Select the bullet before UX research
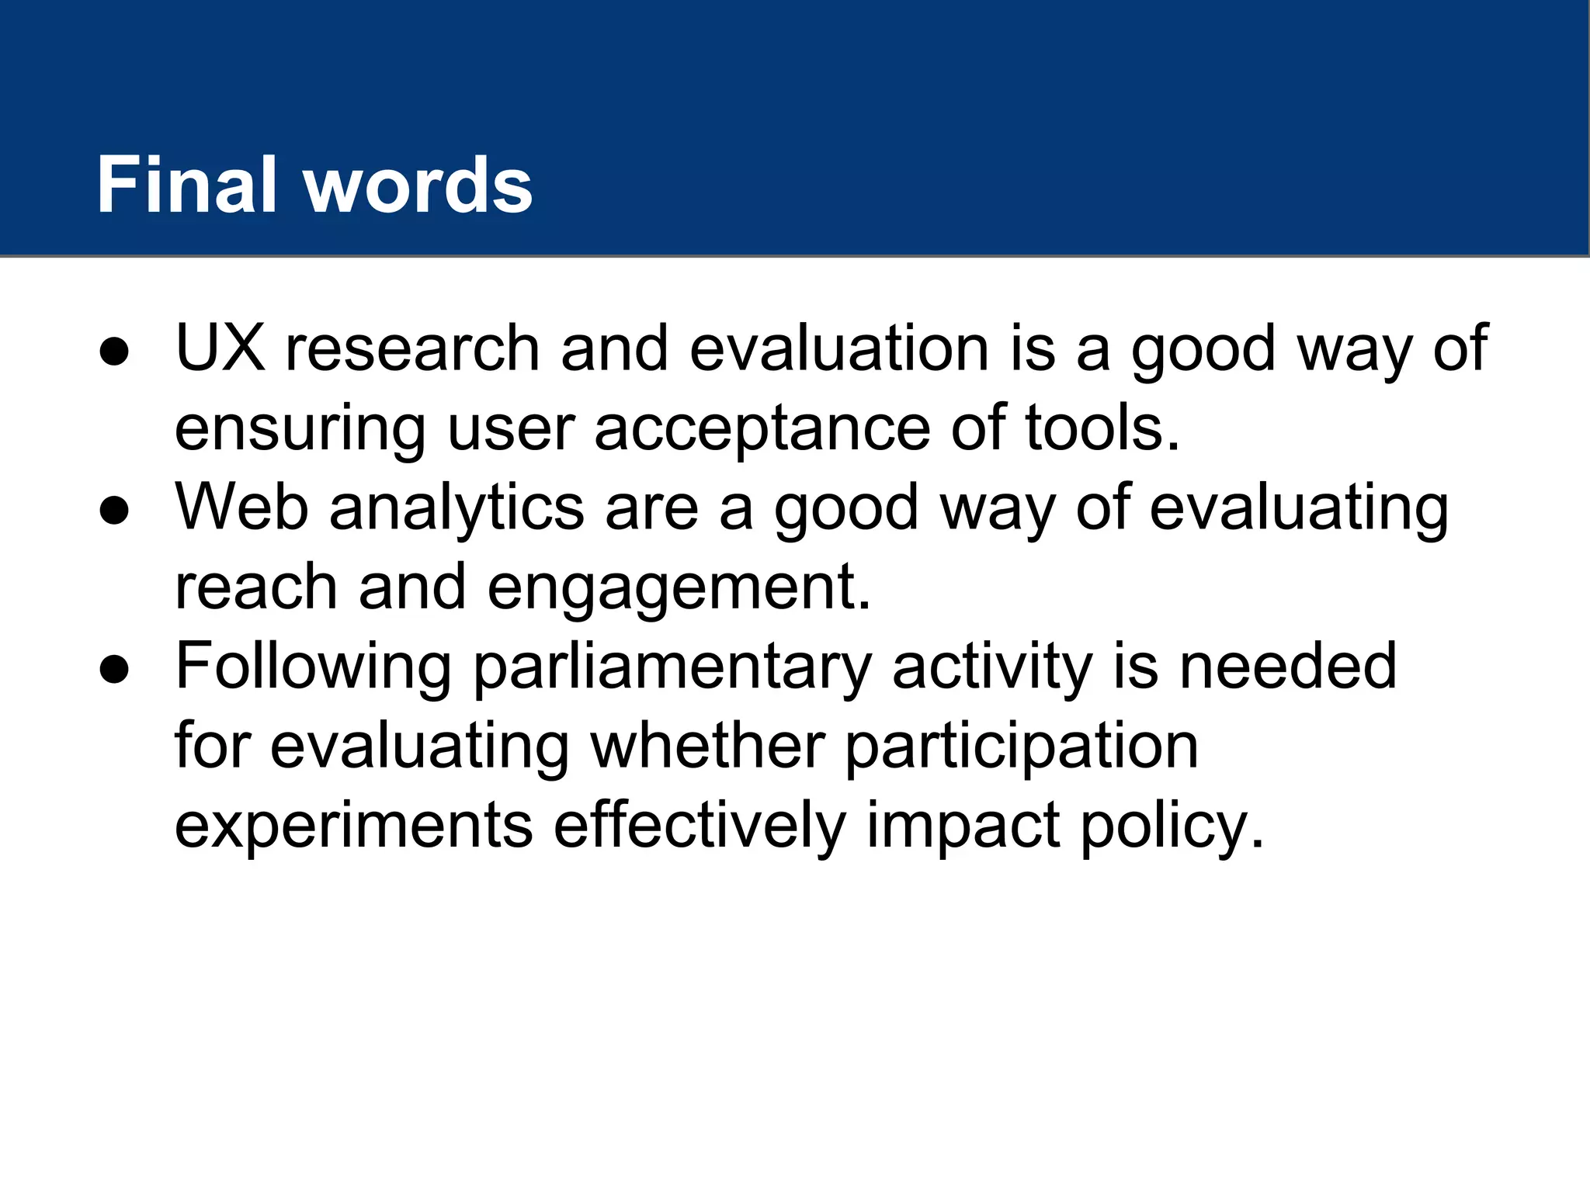114,352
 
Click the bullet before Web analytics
114,511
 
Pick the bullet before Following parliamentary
114,670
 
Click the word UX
220,348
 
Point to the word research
412,348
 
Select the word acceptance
762,429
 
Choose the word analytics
457,509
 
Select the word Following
313,667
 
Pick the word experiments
353,826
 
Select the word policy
1172,828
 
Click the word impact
963,828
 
